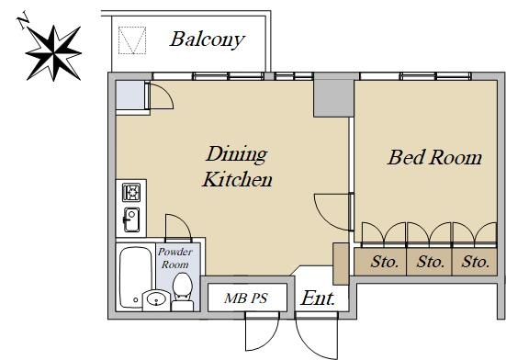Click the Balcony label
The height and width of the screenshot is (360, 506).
(207, 39)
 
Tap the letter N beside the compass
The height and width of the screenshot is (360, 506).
(23, 20)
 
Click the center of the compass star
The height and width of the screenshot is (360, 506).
(53, 53)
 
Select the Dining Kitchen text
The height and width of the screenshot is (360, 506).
(237, 166)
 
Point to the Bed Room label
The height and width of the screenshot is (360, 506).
(434, 157)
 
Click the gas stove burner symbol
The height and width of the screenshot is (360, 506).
(131, 192)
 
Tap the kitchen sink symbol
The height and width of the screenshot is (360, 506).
(131, 219)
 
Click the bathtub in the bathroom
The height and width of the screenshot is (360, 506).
(136, 277)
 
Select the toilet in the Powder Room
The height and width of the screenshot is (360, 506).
(183, 292)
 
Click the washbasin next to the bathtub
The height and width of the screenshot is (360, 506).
(156, 299)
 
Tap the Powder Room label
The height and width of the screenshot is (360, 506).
(175, 258)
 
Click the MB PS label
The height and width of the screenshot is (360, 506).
(246, 298)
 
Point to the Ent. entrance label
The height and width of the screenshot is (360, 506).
(318, 298)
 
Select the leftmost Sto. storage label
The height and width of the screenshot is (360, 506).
(385, 262)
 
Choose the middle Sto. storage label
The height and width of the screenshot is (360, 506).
(430, 262)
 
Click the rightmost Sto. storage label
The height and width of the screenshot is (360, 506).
(476, 262)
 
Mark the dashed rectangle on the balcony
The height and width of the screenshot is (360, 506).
(132, 40)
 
